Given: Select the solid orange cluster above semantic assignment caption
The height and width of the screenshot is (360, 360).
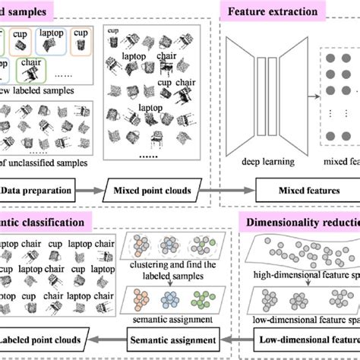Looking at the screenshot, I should pyautogui.click(x=141, y=296).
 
